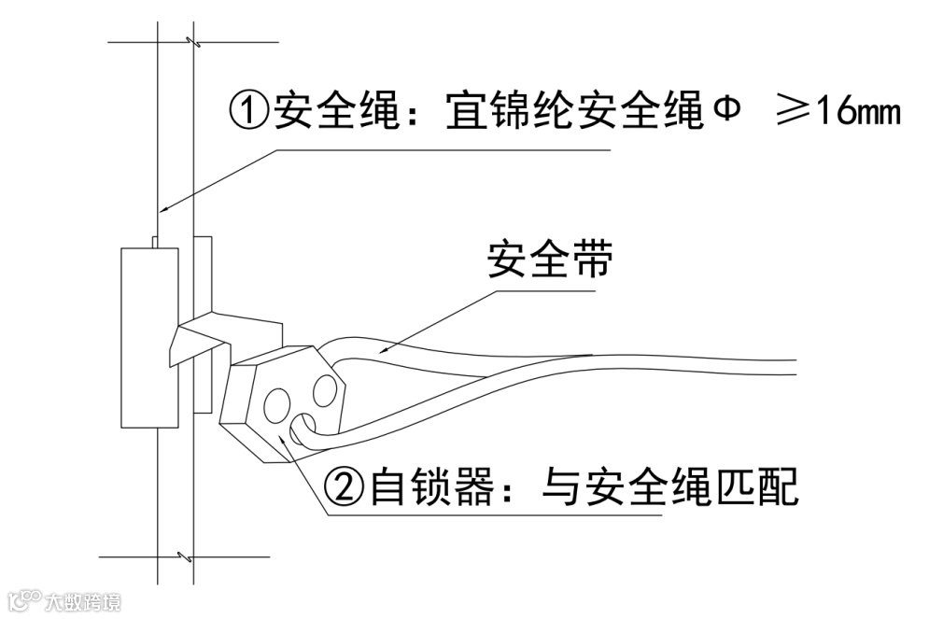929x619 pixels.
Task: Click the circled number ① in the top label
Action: pos(248,113)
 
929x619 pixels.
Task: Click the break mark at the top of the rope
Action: pos(191,42)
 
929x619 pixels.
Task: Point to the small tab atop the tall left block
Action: pos(155,242)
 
